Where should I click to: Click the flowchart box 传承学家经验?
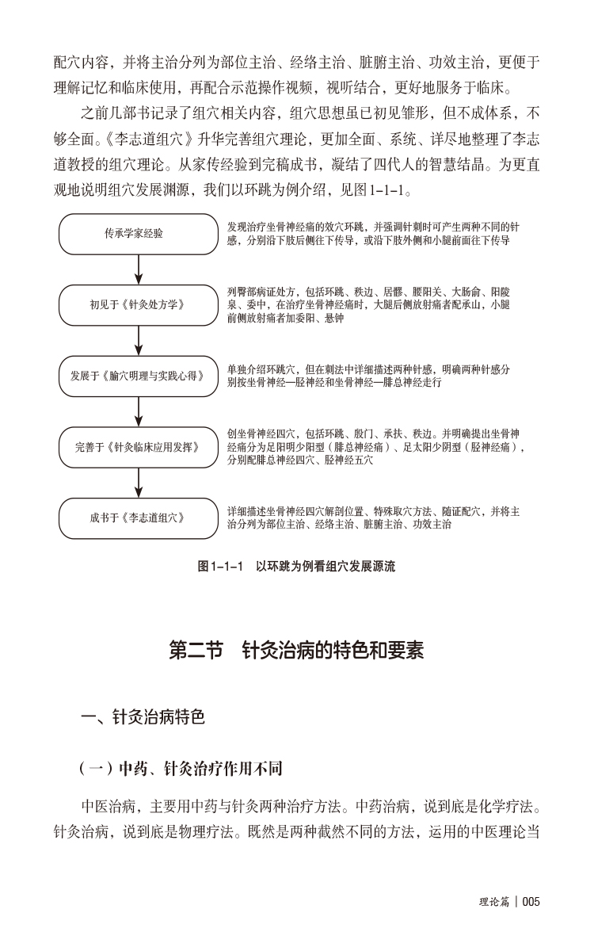[x=139, y=234]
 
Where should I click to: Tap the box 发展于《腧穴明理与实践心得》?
[x=139, y=376]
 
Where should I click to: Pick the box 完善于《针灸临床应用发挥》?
[x=139, y=447]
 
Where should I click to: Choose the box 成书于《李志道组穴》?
[x=139, y=518]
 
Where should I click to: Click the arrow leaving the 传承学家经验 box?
[x=139, y=269]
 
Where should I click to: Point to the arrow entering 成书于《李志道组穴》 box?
[x=139, y=483]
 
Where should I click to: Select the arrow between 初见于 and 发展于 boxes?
[x=139, y=340]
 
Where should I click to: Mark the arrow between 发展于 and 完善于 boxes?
[x=139, y=411]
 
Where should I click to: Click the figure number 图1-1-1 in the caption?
[x=219, y=567]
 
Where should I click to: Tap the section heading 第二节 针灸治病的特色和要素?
[x=297, y=651]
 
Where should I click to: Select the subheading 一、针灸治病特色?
[x=143, y=718]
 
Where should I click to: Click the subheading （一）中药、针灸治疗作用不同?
[x=181, y=769]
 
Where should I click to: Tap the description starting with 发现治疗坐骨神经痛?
[x=372, y=233]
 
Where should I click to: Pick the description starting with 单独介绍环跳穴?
[x=368, y=376]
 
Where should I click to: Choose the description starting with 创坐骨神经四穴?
[x=376, y=447]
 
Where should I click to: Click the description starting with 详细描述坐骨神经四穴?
[x=372, y=518]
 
